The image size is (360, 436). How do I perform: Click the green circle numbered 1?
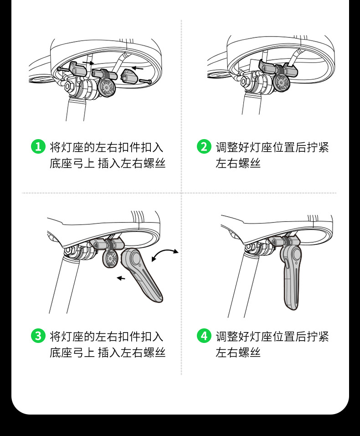[38, 147]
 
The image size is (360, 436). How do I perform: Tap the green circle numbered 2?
[204, 147]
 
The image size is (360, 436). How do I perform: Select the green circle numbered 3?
[38, 337]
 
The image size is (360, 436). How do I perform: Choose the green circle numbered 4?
[204, 337]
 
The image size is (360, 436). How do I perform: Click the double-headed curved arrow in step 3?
[165, 255]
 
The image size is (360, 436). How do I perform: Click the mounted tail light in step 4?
[291, 274]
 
